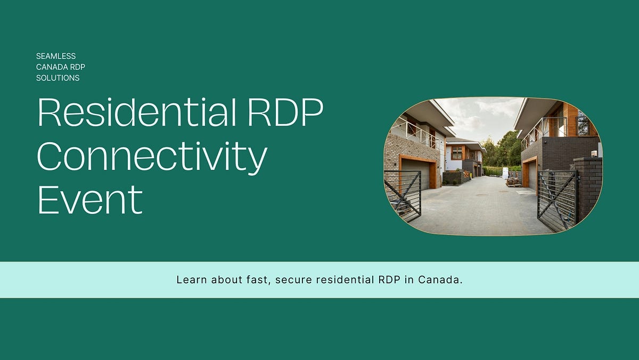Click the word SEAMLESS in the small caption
(x=56, y=56)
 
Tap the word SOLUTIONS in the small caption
(x=58, y=78)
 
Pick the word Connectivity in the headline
(x=152, y=156)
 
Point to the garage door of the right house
(x=532, y=176)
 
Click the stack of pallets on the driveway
(x=513, y=182)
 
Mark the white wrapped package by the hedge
(x=505, y=173)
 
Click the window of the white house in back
(x=456, y=153)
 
